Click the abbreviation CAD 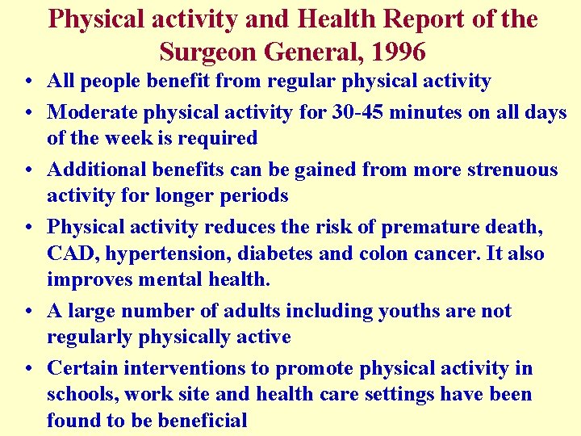70,254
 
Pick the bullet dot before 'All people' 27,82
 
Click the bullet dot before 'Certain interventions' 27,370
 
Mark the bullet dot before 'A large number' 27,312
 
